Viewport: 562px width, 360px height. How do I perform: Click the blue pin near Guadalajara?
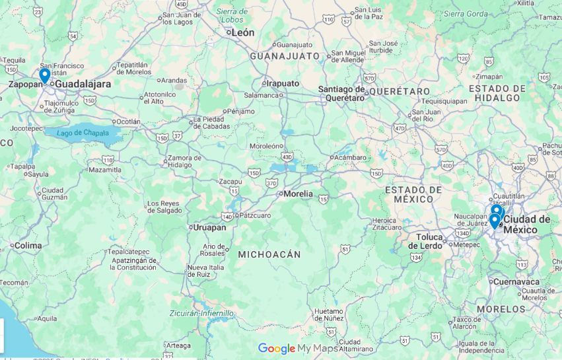[44, 75]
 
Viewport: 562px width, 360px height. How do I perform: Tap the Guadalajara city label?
[83, 85]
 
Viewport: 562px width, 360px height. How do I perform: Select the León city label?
[242, 32]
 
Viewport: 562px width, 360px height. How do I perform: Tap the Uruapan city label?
[210, 227]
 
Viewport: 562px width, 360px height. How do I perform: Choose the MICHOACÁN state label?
[269, 254]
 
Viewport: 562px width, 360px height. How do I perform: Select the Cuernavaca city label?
[516, 281]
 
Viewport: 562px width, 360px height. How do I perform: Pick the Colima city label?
[28, 246]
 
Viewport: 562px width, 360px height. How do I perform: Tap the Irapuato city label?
[283, 84]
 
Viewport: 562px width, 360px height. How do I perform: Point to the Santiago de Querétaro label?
[341, 93]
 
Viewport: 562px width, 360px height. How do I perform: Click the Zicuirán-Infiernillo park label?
[201, 313]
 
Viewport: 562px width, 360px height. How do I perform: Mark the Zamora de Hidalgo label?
[184, 162]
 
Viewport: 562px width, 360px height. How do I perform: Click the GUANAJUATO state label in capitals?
[285, 56]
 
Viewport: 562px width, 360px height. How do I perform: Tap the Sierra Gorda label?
[466, 13]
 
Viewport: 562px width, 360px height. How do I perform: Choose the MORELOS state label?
[501, 309]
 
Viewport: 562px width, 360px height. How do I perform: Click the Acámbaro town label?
[349, 158]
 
